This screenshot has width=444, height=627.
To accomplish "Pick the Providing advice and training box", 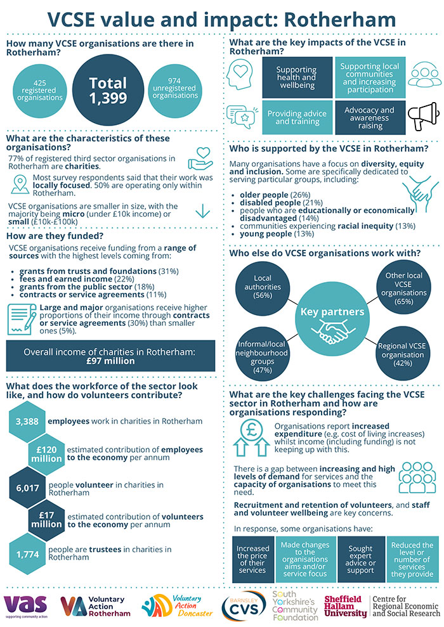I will pyautogui.click(x=297, y=117).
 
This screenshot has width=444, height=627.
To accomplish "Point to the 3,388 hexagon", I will pyautogui.click(x=28, y=422).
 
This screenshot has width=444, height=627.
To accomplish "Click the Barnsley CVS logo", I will pyautogui.click(x=244, y=605).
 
